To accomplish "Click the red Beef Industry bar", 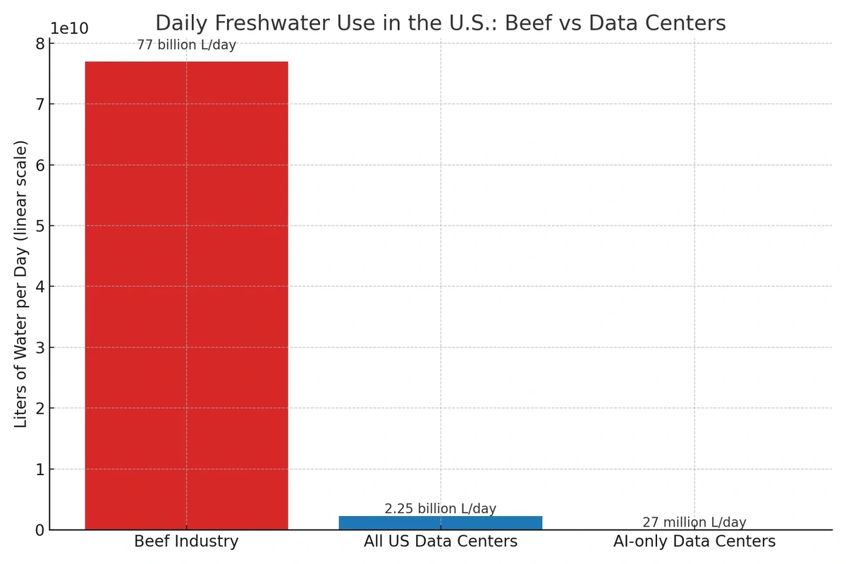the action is click(187, 295).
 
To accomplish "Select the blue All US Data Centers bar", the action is click(441, 523).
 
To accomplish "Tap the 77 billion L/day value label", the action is click(187, 45).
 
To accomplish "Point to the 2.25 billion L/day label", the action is click(441, 508).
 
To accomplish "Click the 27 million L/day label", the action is click(694, 522).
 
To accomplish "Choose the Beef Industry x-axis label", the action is click(187, 541).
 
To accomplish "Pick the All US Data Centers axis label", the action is click(441, 541).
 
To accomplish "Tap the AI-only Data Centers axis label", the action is click(694, 541).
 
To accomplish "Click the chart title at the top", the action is click(441, 23).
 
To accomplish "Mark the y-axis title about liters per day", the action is click(20, 284).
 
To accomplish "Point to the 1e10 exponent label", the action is click(70, 28).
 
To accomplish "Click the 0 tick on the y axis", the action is click(40, 530).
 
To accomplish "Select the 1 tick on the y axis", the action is click(40, 470).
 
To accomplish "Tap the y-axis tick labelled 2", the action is click(40, 408).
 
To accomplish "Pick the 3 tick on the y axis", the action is click(40, 348).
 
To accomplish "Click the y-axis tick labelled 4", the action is click(40, 287).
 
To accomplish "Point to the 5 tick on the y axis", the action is click(40, 226).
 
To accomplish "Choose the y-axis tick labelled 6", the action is click(40, 165).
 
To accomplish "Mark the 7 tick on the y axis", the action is click(40, 104).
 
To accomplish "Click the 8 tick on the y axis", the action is click(40, 44).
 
